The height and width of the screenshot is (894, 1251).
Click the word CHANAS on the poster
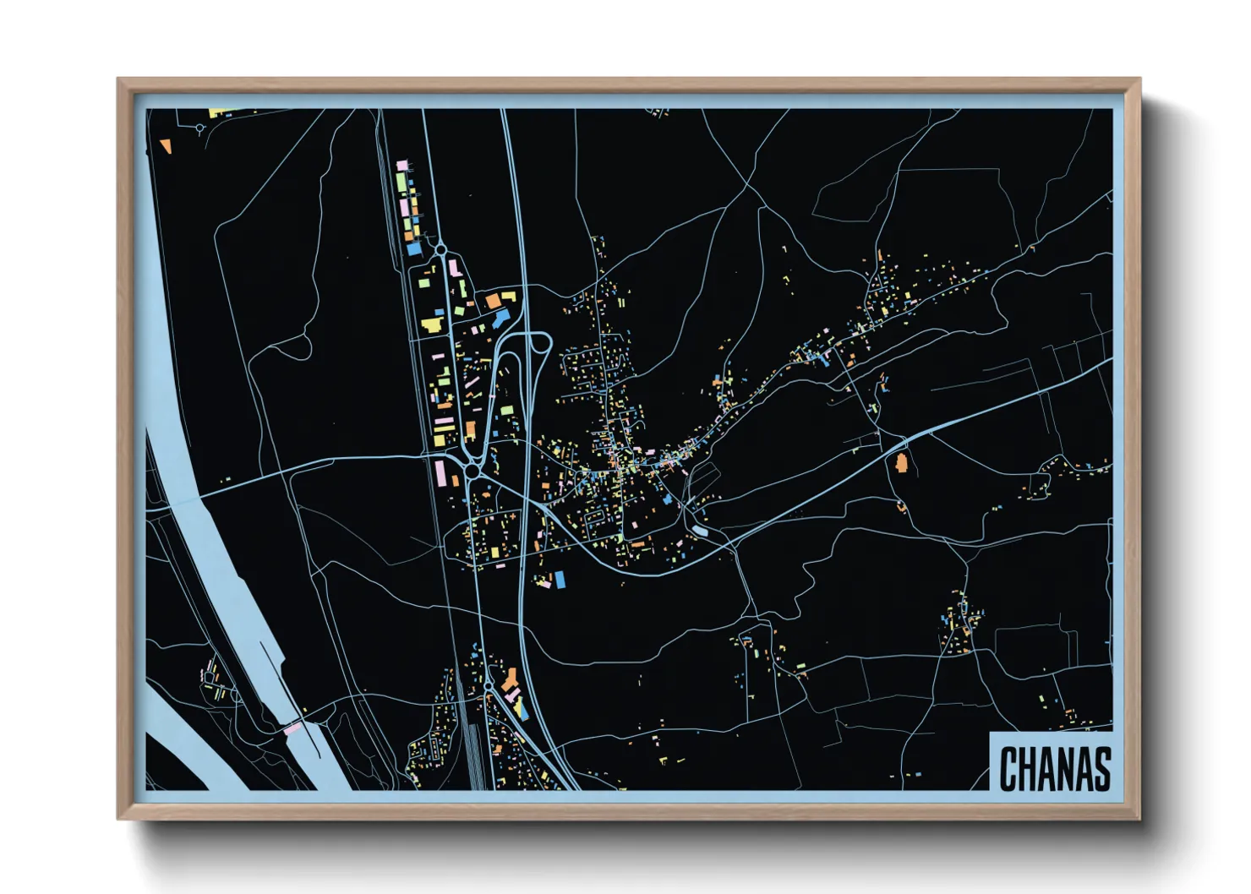coord(1055,769)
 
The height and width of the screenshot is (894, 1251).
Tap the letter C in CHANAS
coord(1008,769)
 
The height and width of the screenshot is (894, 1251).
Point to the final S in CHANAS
coord(1101,769)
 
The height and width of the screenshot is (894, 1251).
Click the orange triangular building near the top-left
coord(167,146)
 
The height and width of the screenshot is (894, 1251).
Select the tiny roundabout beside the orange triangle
coord(199,128)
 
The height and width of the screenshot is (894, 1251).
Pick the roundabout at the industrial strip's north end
coord(440,249)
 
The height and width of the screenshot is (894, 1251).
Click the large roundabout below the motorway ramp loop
coord(472,469)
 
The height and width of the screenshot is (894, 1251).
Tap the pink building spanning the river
coord(292,727)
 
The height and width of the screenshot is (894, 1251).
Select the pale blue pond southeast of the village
coord(701,531)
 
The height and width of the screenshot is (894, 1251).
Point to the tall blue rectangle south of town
coord(559,580)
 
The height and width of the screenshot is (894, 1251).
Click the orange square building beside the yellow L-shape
coord(492,301)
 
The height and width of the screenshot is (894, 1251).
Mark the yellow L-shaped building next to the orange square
coord(509,297)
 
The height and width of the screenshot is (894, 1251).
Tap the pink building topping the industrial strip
coord(402,165)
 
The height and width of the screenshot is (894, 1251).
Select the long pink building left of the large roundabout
coord(441,472)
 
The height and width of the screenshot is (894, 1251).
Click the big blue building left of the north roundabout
coord(413,249)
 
